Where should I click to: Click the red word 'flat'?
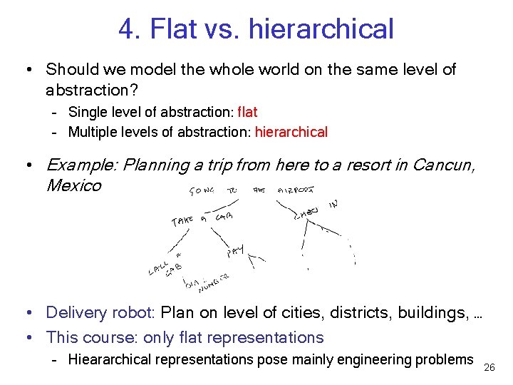click(x=247, y=112)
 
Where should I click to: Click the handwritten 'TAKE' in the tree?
click(x=182, y=221)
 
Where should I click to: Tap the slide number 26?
click(x=489, y=367)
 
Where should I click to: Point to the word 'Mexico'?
click(x=73, y=186)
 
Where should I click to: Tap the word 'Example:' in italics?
click(x=81, y=166)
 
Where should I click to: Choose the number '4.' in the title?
click(x=130, y=29)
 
